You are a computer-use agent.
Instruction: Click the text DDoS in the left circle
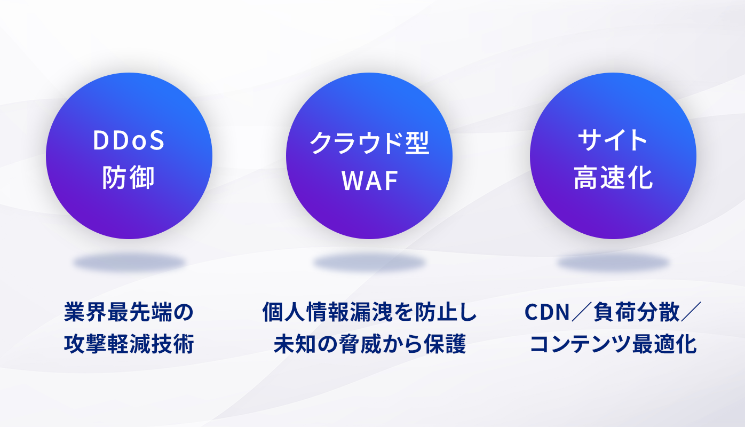point(129,140)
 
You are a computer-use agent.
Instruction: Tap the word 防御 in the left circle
point(129,178)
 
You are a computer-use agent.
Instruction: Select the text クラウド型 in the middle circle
point(369,143)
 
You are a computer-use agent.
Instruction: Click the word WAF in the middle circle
point(369,180)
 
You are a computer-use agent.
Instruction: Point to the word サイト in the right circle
point(613,140)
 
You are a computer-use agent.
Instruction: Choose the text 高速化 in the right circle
point(613,178)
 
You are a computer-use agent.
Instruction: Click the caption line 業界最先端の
point(129,312)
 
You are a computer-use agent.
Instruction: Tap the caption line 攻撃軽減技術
point(129,344)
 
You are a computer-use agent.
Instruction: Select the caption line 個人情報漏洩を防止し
point(369,312)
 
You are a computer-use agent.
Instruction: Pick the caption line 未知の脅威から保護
point(369,344)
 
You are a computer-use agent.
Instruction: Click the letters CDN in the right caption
point(547,312)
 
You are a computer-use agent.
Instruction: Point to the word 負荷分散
point(636,312)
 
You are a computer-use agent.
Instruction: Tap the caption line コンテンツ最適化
point(613,344)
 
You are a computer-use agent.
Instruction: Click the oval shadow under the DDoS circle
point(129,263)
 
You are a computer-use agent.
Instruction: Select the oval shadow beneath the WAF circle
point(369,263)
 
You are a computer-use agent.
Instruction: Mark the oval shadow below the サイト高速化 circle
point(613,263)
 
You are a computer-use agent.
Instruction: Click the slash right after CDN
point(582,312)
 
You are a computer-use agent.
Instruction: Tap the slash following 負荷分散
point(691,312)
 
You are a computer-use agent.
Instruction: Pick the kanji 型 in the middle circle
point(417,143)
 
